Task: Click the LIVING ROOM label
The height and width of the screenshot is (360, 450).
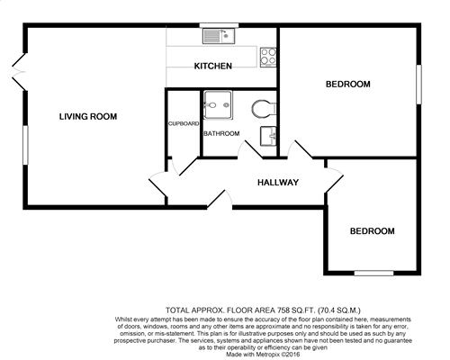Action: tap(87, 116)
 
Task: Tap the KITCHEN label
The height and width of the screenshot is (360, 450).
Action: tap(213, 66)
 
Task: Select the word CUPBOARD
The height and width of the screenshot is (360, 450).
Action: tap(183, 123)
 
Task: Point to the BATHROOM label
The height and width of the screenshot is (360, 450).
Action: tap(221, 134)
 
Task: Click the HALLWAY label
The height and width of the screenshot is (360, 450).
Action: tap(278, 183)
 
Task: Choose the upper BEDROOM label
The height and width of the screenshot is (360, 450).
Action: tap(347, 85)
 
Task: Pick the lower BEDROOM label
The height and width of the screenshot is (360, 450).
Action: tap(371, 231)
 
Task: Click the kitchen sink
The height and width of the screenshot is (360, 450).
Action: tap(218, 37)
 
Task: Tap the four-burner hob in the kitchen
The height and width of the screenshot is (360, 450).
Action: tap(267, 58)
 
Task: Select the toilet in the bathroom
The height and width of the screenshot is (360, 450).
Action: tap(262, 109)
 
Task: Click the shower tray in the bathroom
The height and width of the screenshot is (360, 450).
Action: tap(218, 106)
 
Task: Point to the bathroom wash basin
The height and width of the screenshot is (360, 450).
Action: tap(267, 137)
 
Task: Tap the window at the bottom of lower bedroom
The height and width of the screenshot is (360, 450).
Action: tap(371, 272)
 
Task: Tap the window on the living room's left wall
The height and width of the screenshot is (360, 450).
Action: tap(24, 143)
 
